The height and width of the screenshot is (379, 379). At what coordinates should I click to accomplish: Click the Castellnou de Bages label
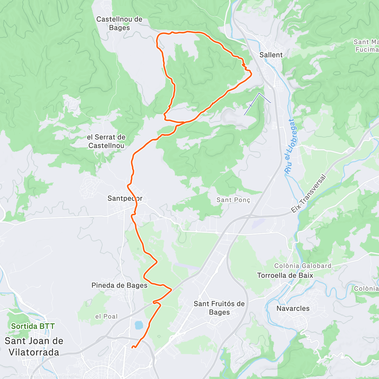pyautogui.click(x=119, y=23)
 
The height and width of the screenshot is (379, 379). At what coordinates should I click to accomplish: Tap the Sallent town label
pyautogui.click(x=271, y=55)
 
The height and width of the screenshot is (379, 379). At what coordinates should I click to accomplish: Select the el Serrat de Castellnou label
pyautogui.click(x=106, y=141)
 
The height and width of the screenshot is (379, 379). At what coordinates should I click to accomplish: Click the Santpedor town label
pyautogui.click(x=125, y=198)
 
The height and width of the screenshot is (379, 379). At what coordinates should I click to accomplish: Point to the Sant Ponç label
pyautogui.click(x=233, y=200)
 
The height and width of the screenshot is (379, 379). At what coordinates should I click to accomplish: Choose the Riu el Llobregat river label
pyautogui.click(x=291, y=146)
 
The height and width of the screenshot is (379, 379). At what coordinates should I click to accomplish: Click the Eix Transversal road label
pyautogui.click(x=308, y=193)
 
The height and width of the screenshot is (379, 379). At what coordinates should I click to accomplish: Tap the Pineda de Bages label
pyautogui.click(x=119, y=285)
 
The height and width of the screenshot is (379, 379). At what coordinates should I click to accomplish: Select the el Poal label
pyautogui.click(x=106, y=316)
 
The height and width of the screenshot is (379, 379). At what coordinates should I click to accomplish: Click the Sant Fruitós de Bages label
pyautogui.click(x=219, y=308)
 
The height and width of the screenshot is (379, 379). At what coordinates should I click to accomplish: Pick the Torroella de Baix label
pyautogui.click(x=285, y=275)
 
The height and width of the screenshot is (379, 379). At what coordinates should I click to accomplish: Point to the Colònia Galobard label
pyautogui.click(x=303, y=266)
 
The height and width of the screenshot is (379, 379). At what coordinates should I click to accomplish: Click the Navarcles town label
pyautogui.click(x=293, y=308)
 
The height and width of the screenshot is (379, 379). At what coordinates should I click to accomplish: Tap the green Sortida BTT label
pyautogui.click(x=33, y=326)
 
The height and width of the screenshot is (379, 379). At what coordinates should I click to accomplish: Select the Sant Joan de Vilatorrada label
pyautogui.click(x=34, y=346)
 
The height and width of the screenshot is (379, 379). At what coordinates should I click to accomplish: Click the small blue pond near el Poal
pyautogui.click(x=138, y=325)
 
